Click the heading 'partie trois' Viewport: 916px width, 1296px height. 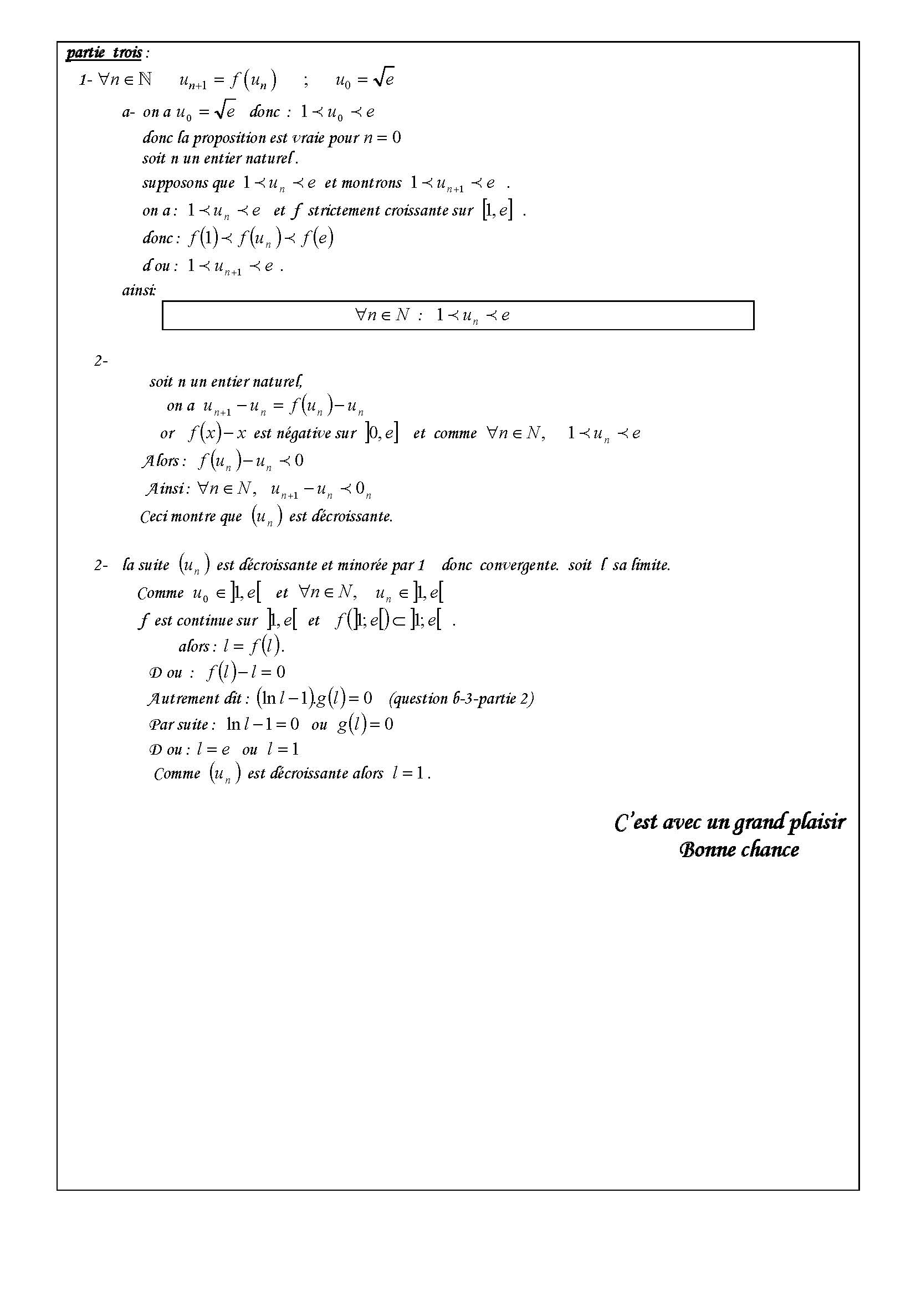pos(104,53)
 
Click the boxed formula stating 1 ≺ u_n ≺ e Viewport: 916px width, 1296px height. pos(458,315)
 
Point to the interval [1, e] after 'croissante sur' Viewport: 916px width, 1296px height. pos(497,211)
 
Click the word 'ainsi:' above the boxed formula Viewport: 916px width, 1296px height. pos(139,290)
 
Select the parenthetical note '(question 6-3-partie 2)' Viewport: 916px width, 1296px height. pos(461,698)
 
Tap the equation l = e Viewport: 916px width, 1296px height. pos(213,750)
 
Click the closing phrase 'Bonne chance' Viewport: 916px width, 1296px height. pos(739,850)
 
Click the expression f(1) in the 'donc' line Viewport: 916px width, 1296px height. pos(203,238)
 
